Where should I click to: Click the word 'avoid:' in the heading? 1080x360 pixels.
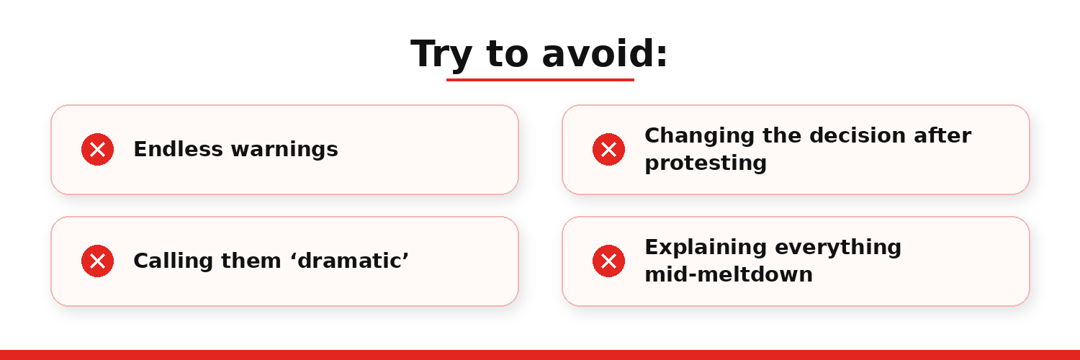[x=605, y=53]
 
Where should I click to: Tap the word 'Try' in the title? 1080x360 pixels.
[x=441, y=55]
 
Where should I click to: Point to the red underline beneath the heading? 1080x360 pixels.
[x=540, y=80]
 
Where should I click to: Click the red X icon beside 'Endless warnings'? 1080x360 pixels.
[x=97, y=149]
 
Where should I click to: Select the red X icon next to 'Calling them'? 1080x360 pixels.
[x=97, y=261]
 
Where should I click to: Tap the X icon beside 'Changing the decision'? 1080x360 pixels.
[x=608, y=149]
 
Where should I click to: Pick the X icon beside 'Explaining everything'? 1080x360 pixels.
[x=608, y=261]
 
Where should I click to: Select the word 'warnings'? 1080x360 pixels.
[x=284, y=150]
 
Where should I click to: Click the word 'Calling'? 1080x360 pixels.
[x=173, y=261]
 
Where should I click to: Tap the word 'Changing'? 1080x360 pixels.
[x=700, y=136]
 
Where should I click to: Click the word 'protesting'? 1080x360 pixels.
[x=706, y=164]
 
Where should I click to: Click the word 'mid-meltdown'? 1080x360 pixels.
[x=729, y=274]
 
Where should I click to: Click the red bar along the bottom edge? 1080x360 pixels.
[x=540, y=355]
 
